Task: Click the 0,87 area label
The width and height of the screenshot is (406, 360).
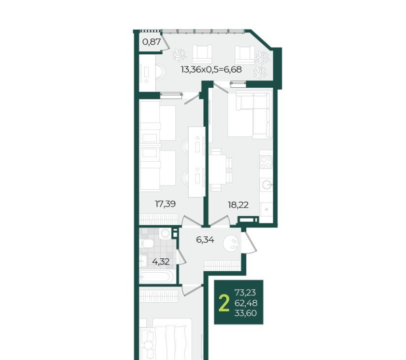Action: (151, 42)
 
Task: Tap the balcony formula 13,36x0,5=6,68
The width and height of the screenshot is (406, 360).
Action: (211, 70)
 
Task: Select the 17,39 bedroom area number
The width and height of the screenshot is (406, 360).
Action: (165, 204)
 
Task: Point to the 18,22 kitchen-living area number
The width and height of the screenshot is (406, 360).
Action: (238, 205)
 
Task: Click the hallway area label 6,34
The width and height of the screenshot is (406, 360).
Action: (205, 240)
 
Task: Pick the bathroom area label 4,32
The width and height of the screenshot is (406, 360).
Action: (161, 262)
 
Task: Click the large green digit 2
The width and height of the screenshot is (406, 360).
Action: (224, 303)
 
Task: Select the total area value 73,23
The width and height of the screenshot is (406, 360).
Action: (245, 292)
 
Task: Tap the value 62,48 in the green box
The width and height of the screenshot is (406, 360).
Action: (246, 303)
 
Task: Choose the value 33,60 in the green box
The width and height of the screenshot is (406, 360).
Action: (245, 313)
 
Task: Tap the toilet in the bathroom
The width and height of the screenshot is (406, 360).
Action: (146, 243)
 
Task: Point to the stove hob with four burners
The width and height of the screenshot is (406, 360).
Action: (266, 162)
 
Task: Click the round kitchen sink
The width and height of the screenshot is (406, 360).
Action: (267, 184)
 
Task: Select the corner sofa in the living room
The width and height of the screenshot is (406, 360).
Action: (250, 115)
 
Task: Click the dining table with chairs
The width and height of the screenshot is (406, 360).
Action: (220, 170)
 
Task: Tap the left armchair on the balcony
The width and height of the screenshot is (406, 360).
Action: (202, 54)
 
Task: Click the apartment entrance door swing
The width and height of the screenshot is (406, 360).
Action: (249, 242)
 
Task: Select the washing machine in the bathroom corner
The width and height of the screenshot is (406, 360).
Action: (165, 234)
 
